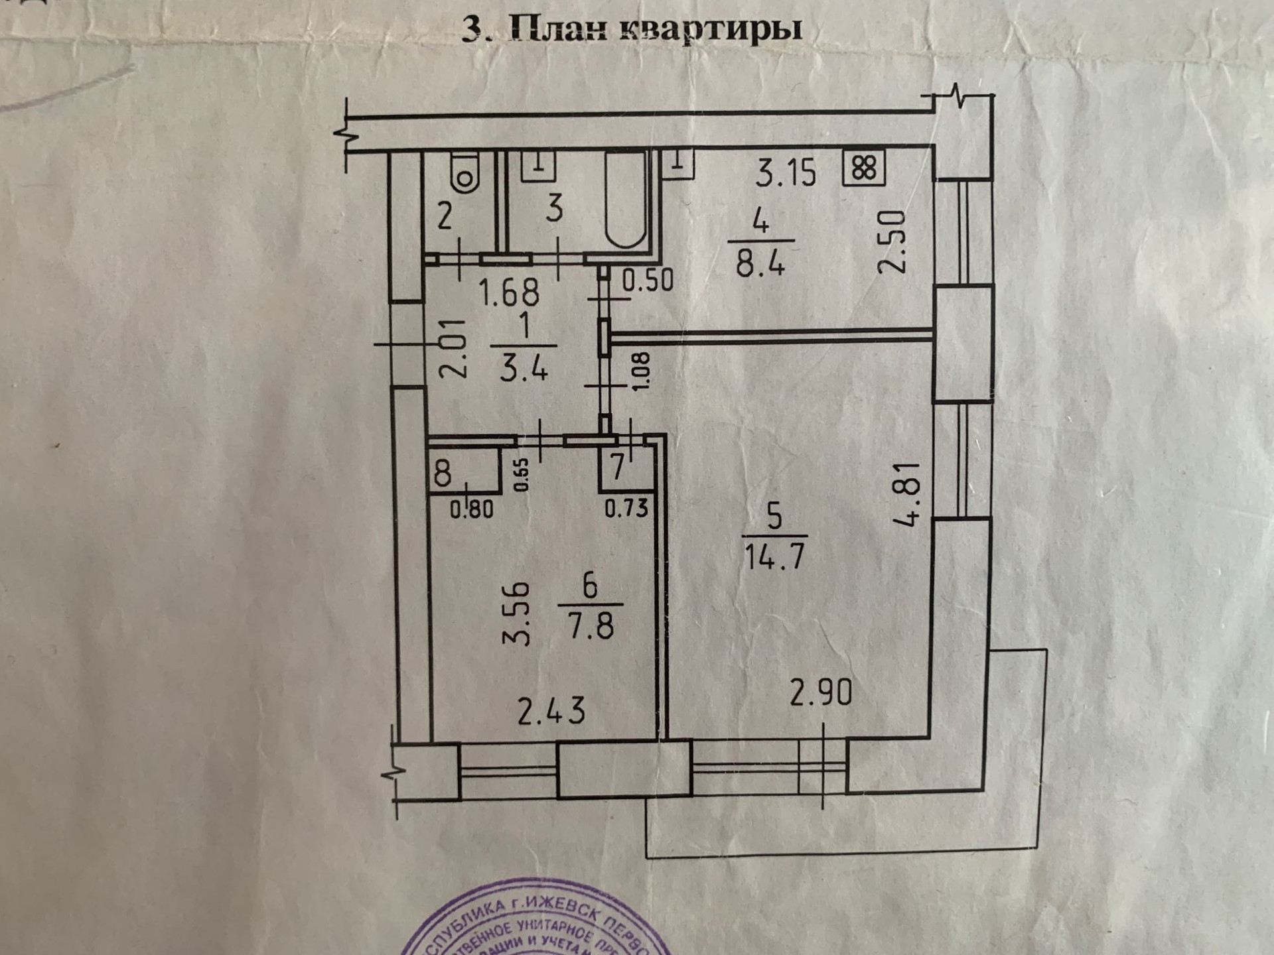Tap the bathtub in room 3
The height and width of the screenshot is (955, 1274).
click(626, 200)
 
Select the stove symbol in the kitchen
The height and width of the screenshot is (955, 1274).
click(864, 168)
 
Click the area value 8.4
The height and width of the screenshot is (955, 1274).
click(760, 264)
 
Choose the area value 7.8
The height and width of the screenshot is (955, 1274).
click(591, 625)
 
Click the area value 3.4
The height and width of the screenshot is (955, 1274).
click(524, 366)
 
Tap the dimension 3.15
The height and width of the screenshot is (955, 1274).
click(786, 172)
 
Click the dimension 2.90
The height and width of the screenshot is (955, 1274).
click(821, 693)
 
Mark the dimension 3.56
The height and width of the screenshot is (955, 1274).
click(517, 613)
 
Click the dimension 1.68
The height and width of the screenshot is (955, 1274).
click(509, 292)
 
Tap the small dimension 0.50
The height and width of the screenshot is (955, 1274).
click(648, 281)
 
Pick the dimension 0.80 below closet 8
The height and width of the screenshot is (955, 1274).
click(472, 509)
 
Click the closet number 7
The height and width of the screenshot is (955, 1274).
click(618, 468)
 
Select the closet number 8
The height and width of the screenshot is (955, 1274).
click(443, 473)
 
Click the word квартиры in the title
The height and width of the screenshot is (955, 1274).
click(711, 29)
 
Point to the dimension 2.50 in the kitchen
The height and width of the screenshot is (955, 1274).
click(891, 241)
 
